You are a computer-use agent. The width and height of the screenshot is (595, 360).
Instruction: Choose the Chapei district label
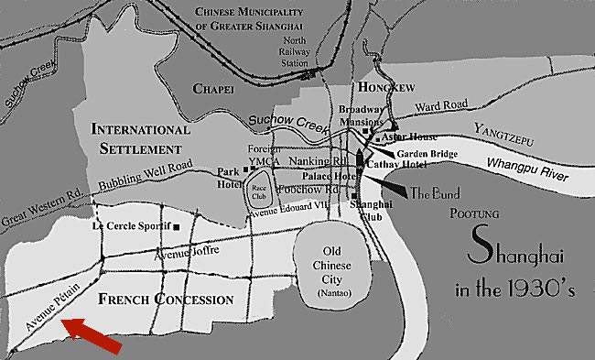tap(215, 88)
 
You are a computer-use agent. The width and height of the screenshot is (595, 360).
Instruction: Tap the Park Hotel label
tap(228, 178)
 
